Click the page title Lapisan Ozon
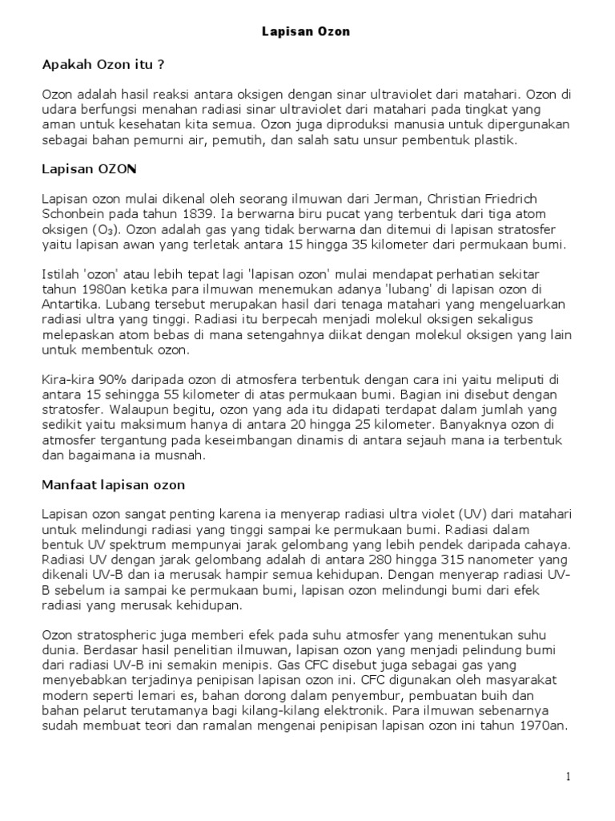pyautogui.click(x=307, y=32)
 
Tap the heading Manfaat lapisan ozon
pyautogui.click(x=113, y=485)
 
